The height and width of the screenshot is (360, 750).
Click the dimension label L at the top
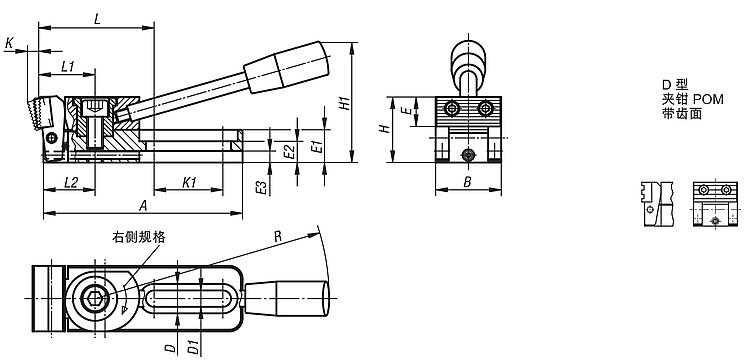[x=97, y=20]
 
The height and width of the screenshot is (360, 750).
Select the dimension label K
[x=9, y=44]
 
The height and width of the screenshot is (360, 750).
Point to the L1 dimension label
[x=68, y=67]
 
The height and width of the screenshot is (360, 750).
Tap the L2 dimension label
[x=70, y=182]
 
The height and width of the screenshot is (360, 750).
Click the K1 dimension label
[x=189, y=182]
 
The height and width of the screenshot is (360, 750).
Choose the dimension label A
[x=142, y=206]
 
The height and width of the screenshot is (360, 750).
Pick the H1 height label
[x=344, y=103]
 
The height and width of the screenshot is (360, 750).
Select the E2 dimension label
[x=288, y=152]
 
